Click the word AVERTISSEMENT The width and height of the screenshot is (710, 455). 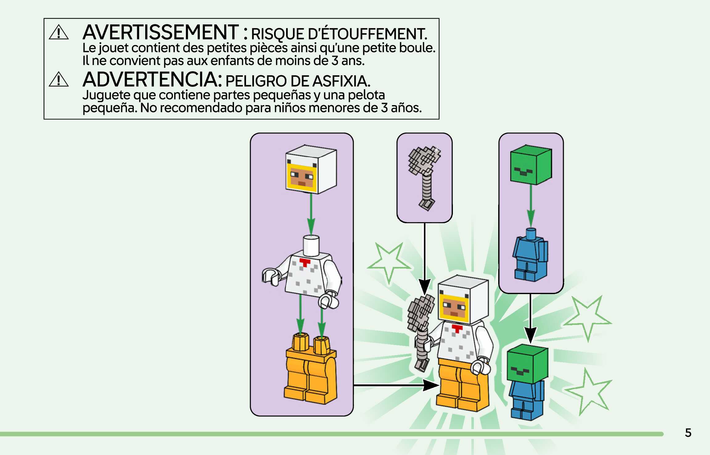[160, 32]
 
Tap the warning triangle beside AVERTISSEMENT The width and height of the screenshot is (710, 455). [59, 32]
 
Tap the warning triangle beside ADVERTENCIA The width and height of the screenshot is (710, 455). [59, 79]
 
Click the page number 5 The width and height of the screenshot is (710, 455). [688, 433]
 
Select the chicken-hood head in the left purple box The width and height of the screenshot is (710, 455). [311, 169]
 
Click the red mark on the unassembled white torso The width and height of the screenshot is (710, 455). [305, 263]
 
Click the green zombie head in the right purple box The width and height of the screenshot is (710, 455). [531, 165]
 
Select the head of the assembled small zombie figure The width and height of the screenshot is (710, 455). [527, 364]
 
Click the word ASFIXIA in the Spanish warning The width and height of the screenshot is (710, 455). [341, 81]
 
